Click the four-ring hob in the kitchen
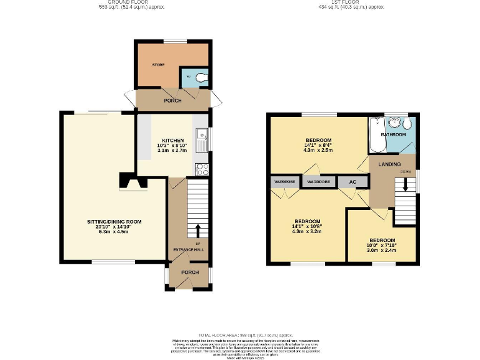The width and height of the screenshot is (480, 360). (202, 169)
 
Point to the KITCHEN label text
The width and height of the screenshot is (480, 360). (172, 140)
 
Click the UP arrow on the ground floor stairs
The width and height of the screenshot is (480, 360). (198, 229)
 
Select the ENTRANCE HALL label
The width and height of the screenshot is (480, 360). (188, 250)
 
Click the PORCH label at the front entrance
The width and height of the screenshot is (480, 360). (189, 272)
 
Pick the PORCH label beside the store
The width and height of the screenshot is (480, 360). (172, 101)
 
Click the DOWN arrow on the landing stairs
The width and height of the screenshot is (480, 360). (405, 185)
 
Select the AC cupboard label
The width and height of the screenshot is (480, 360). (352, 181)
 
